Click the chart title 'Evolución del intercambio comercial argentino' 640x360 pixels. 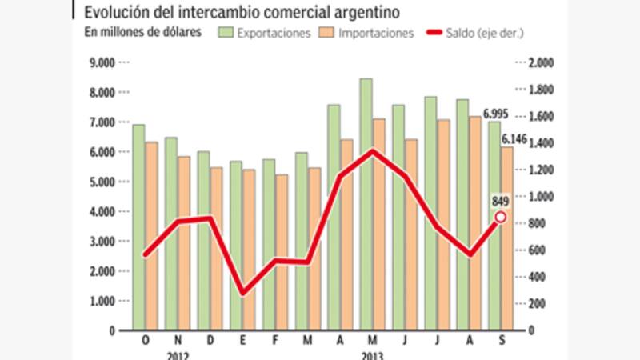point(239,12)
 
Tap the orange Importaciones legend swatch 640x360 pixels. point(326,33)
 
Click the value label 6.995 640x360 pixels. point(496,114)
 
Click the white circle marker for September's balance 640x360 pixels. point(501,216)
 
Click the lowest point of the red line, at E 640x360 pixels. point(243,293)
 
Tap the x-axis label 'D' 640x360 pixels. point(210,341)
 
